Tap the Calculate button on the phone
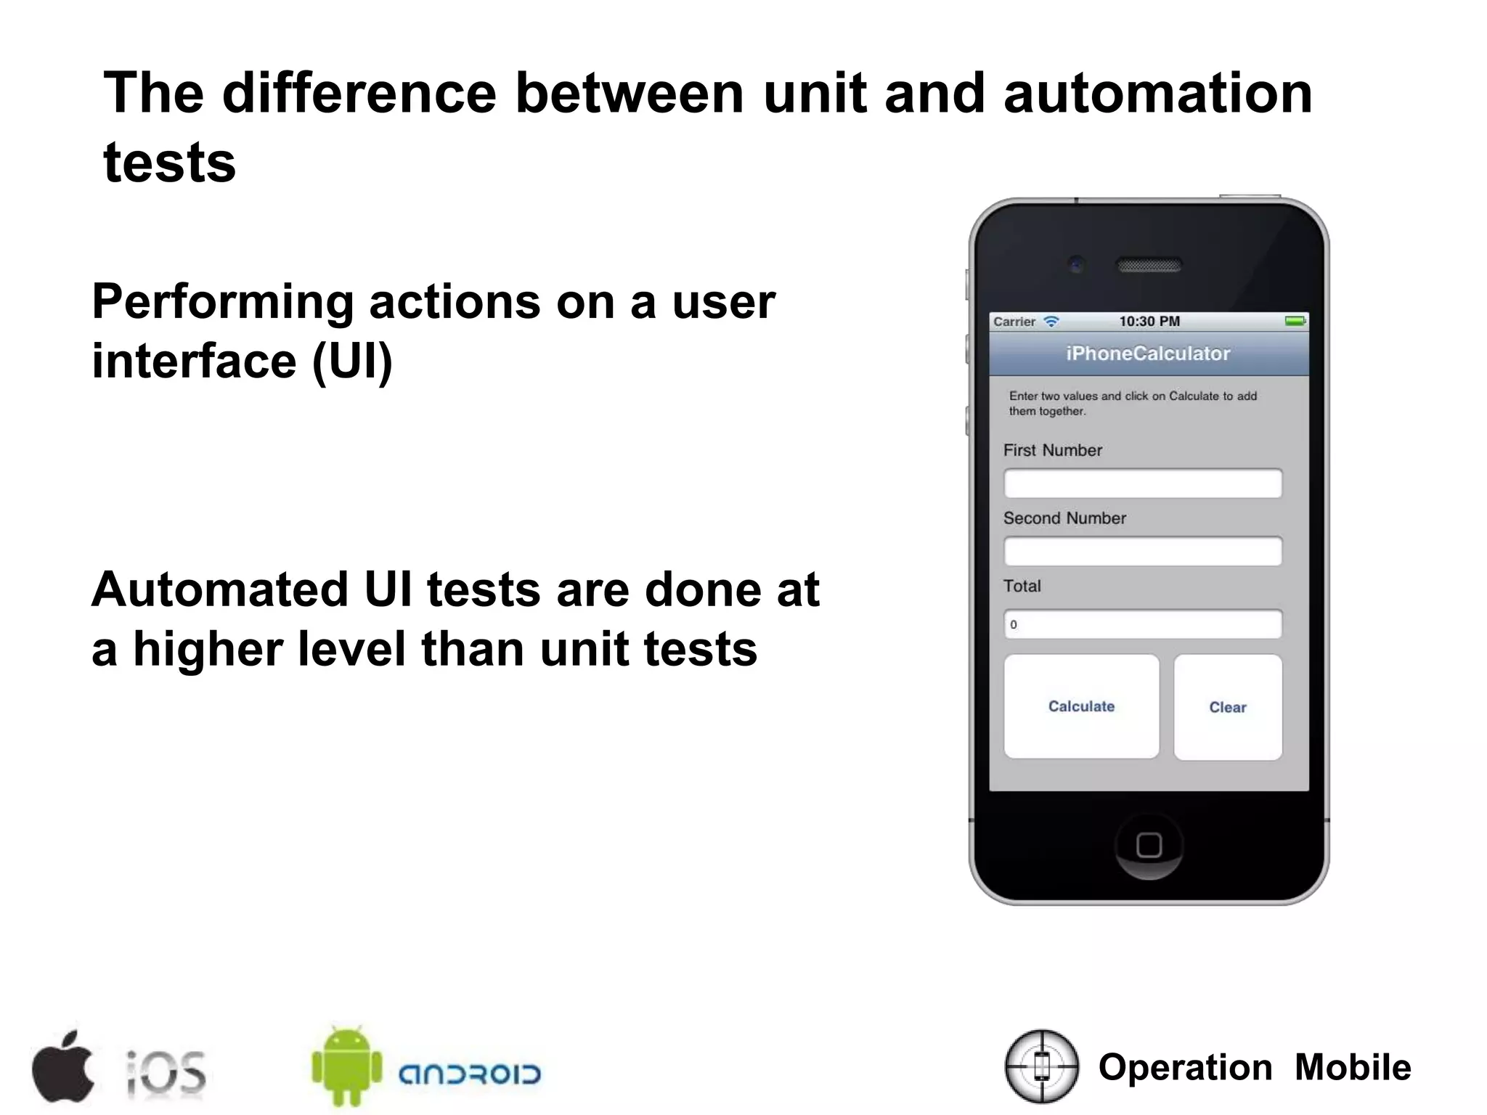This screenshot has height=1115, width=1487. (1081, 706)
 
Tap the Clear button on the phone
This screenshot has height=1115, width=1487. (1227, 707)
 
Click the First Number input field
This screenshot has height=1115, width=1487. (1142, 483)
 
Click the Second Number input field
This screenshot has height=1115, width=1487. (1142, 551)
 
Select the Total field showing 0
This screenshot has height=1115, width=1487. (1142, 624)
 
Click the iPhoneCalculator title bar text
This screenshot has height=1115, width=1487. (1148, 354)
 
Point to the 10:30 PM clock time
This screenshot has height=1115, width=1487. (1149, 321)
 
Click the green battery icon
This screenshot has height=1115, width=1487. (1295, 321)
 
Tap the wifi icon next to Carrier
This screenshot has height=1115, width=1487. (1051, 321)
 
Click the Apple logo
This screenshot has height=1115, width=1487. (63, 1066)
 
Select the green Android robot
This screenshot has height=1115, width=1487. (346, 1066)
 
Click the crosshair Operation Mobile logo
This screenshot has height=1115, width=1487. (1042, 1066)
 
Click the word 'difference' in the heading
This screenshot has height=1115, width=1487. (359, 94)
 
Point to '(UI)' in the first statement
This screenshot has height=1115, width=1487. (352, 361)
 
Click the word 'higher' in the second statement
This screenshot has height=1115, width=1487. (208, 648)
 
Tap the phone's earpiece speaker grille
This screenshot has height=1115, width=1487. (1149, 265)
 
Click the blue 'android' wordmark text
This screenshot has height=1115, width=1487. (470, 1074)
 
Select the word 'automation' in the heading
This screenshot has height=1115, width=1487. (1157, 94)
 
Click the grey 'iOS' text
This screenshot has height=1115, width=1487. (166, 1071)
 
